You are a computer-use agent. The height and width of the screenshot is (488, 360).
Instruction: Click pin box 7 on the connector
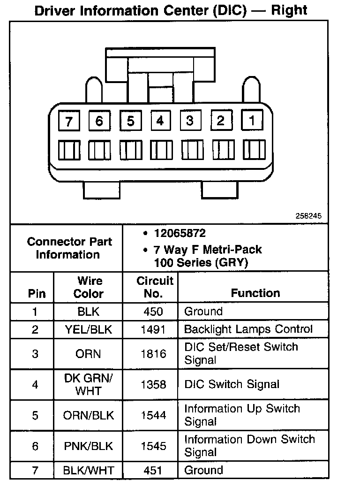tap(69, 122)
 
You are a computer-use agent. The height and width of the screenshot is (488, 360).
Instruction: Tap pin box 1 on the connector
tap(252, 121)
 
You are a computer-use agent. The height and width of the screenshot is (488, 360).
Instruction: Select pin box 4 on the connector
tap(160, 121)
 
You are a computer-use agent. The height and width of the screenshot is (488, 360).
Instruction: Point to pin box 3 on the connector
tap(190, 121)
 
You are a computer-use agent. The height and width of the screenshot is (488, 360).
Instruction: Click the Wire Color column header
tap(89, 287)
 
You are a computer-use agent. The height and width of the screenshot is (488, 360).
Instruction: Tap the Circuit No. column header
tap(155, 287)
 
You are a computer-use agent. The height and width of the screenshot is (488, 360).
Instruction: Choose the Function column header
tap(255, 293)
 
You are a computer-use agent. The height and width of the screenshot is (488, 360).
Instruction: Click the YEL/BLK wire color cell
tap(89, 329)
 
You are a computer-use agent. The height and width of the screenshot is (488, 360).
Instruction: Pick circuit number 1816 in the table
tap(153, 354)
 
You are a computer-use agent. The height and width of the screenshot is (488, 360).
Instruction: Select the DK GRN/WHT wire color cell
tap(89, 384)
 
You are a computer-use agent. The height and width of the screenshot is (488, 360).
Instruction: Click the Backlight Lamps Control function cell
tap(248, 329)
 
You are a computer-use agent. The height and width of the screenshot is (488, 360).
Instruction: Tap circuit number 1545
tap(153, 446)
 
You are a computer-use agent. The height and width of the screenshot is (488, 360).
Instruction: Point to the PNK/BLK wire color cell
tap(89, 446)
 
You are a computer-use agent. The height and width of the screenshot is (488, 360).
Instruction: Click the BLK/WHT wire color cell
tap(89, 470)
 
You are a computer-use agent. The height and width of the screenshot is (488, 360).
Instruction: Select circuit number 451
tap(153, 470)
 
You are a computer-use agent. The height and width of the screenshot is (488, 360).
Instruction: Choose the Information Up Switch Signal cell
tap(242, 415)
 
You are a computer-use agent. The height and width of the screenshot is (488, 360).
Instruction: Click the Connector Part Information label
tap(69, 248)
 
